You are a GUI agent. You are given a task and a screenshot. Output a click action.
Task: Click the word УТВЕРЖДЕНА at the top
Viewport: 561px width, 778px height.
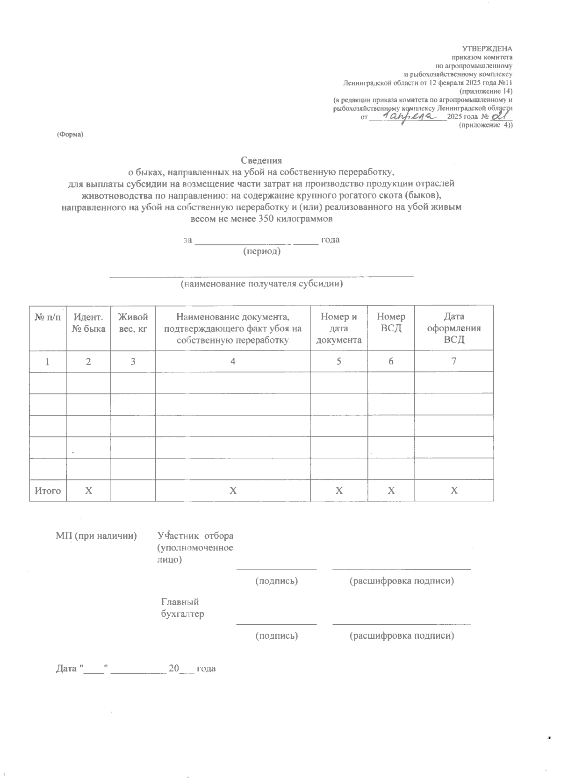487,49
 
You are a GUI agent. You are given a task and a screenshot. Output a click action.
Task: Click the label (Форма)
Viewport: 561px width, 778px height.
70,135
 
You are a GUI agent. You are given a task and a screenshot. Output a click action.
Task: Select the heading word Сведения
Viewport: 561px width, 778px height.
262,161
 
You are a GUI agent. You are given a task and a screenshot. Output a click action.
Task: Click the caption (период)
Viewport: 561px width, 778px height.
262,251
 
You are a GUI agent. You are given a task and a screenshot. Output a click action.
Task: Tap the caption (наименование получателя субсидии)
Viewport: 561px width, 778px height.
262,284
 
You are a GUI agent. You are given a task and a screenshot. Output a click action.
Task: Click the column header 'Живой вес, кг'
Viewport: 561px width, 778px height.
133,322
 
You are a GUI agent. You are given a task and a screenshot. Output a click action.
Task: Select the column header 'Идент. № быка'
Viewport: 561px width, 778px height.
88,322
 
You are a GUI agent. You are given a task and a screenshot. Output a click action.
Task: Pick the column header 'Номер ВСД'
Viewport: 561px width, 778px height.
391,322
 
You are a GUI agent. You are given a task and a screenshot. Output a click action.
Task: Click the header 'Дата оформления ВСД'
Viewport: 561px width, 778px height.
454,328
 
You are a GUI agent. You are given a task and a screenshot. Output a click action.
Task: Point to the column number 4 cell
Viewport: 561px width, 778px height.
232,361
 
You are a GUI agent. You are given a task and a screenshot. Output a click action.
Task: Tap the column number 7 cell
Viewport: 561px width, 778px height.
454,361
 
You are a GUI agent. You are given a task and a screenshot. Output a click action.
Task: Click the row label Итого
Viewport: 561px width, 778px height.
48,491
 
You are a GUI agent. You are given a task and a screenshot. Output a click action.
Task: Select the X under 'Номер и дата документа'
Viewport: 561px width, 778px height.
339,491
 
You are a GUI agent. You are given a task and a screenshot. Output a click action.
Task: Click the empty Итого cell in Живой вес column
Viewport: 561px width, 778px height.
133,491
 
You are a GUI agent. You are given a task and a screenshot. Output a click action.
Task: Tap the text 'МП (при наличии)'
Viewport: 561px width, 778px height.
96,535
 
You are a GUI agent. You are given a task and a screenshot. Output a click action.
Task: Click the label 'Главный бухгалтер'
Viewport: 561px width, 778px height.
182,608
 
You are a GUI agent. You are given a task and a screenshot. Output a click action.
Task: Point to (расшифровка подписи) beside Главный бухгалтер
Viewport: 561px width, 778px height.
402,635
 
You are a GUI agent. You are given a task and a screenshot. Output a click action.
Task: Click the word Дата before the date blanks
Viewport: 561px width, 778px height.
66,669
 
